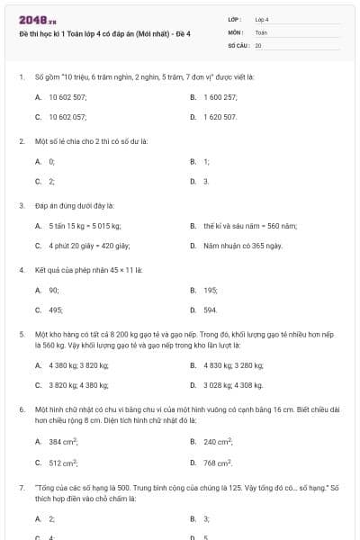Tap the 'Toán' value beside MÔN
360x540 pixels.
(261, 31)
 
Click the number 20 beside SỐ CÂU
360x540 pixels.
(258, 44)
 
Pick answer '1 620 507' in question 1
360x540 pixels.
(220, 117)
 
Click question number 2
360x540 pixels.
(21, 141)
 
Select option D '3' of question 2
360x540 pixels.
(206, 182)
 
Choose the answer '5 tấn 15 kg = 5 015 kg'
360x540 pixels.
(85, 225)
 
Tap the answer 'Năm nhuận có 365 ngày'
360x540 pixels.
(243, 246)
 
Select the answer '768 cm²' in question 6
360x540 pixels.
(218, 463)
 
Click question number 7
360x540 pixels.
(21, 487)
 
